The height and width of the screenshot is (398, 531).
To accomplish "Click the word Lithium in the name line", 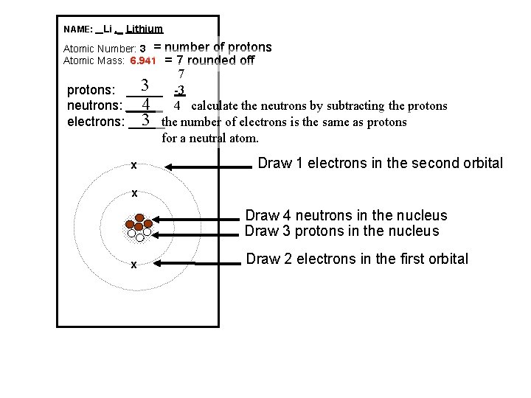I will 145,29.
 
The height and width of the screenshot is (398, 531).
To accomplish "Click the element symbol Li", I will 108,29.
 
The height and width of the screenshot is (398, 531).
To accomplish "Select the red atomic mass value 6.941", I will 143,61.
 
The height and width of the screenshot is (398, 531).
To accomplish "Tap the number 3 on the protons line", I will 146,86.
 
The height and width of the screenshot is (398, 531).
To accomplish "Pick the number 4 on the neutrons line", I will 146,104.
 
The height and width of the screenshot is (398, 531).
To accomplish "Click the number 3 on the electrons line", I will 146,119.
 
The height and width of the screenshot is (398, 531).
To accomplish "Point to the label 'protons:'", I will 91,91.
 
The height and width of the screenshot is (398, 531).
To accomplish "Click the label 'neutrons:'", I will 94,105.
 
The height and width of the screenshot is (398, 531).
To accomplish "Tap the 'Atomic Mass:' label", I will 94,61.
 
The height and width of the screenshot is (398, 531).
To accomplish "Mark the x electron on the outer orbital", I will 133,165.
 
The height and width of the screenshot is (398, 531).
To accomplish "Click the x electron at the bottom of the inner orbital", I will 133,265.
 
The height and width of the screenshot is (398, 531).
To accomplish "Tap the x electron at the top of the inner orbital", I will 133,194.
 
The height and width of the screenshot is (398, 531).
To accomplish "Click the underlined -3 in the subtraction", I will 179,91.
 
